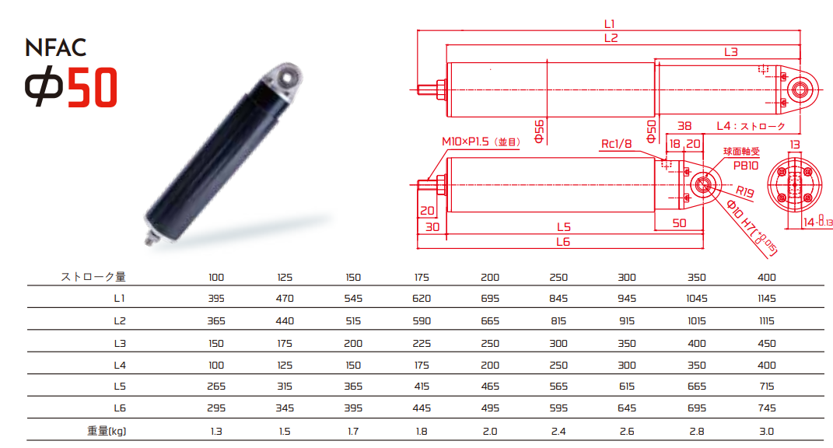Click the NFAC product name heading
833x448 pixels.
point(55,47)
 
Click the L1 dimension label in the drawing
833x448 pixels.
point(609,24)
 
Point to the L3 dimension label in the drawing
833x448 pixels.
point(731,52)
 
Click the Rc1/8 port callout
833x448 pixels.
point(616,144)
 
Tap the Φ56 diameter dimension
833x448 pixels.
point(539,131)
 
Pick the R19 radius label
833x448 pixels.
point(744,191)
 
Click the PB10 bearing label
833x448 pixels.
point(746,166)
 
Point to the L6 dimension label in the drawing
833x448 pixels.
point(563,243)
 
